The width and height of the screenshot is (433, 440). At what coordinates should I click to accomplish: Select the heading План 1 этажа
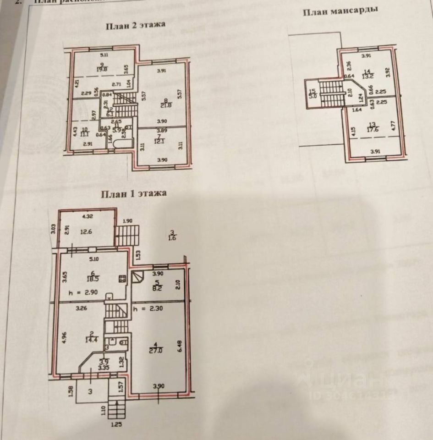click(x=133, y=193)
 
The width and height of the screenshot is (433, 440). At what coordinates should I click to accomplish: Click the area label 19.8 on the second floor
click(x=101, y=70)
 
